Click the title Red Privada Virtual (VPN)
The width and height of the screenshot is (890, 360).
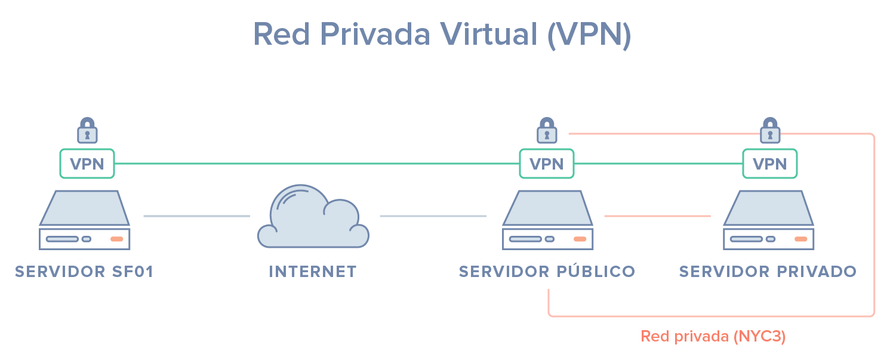[x=442, y=34]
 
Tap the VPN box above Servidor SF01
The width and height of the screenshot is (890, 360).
[x=87, y=164]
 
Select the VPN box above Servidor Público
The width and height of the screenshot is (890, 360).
[x=547, y=164]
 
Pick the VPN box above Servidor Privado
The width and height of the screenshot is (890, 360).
[x=769, y=164]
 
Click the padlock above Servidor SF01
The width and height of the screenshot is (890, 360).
[x=87, y=130]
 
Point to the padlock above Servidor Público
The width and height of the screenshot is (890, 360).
[x=547, y=130]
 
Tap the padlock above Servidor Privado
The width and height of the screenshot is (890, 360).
[x=770, y=130]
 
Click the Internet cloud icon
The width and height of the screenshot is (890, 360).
[x=313, y=218]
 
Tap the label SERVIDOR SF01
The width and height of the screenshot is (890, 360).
[x=85, y=272]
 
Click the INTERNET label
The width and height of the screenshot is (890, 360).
[x=313, y=272]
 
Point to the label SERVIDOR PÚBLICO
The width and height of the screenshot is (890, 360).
[x=547, y=272]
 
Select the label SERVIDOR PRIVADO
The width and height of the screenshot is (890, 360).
[x=768, y=272]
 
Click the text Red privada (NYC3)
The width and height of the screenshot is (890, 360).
[x=713, y=337]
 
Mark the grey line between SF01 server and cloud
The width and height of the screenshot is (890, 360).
[x=196, y=216]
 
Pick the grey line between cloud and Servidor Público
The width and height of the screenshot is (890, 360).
[x=433, y=216]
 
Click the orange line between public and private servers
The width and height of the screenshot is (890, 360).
[x=657, y=216]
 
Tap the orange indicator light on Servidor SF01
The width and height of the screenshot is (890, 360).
[x=117, y=239]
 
